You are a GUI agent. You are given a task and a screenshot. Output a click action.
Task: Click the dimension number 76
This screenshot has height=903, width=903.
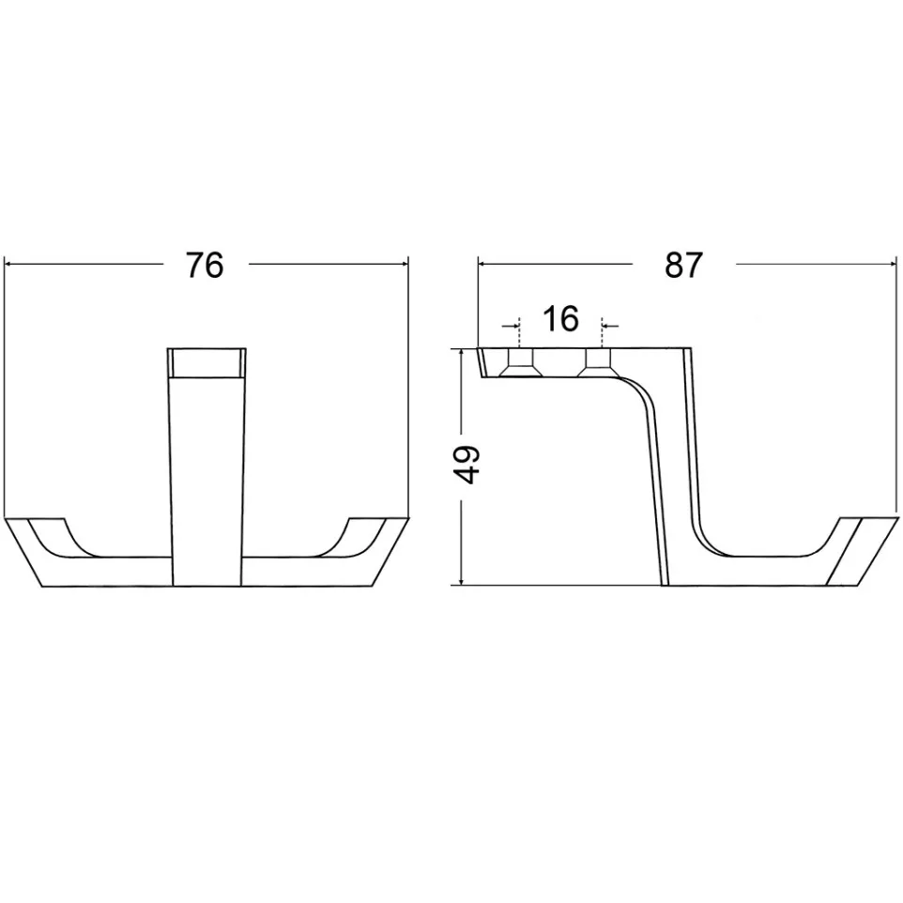pyautogui.click(x=205, y=266)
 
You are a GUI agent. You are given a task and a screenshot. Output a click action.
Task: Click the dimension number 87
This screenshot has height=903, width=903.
pyautogui.click(x=683, y=266)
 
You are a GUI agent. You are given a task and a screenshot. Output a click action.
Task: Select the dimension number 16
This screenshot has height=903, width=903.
pyautogui.click(x=560, y=319)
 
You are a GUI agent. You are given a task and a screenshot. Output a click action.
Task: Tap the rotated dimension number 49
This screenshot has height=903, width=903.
pyautogui.click(x=467, y=464)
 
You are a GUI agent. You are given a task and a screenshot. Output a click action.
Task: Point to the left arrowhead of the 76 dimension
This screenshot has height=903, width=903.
pyautogui.click(x=9, y=265)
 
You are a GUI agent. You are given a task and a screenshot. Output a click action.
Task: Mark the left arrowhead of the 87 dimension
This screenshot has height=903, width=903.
pyautogui.click(x=483, y=265)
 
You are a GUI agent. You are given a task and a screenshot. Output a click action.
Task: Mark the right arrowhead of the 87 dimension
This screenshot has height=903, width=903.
pyautogui.click(x=892, y=265)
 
